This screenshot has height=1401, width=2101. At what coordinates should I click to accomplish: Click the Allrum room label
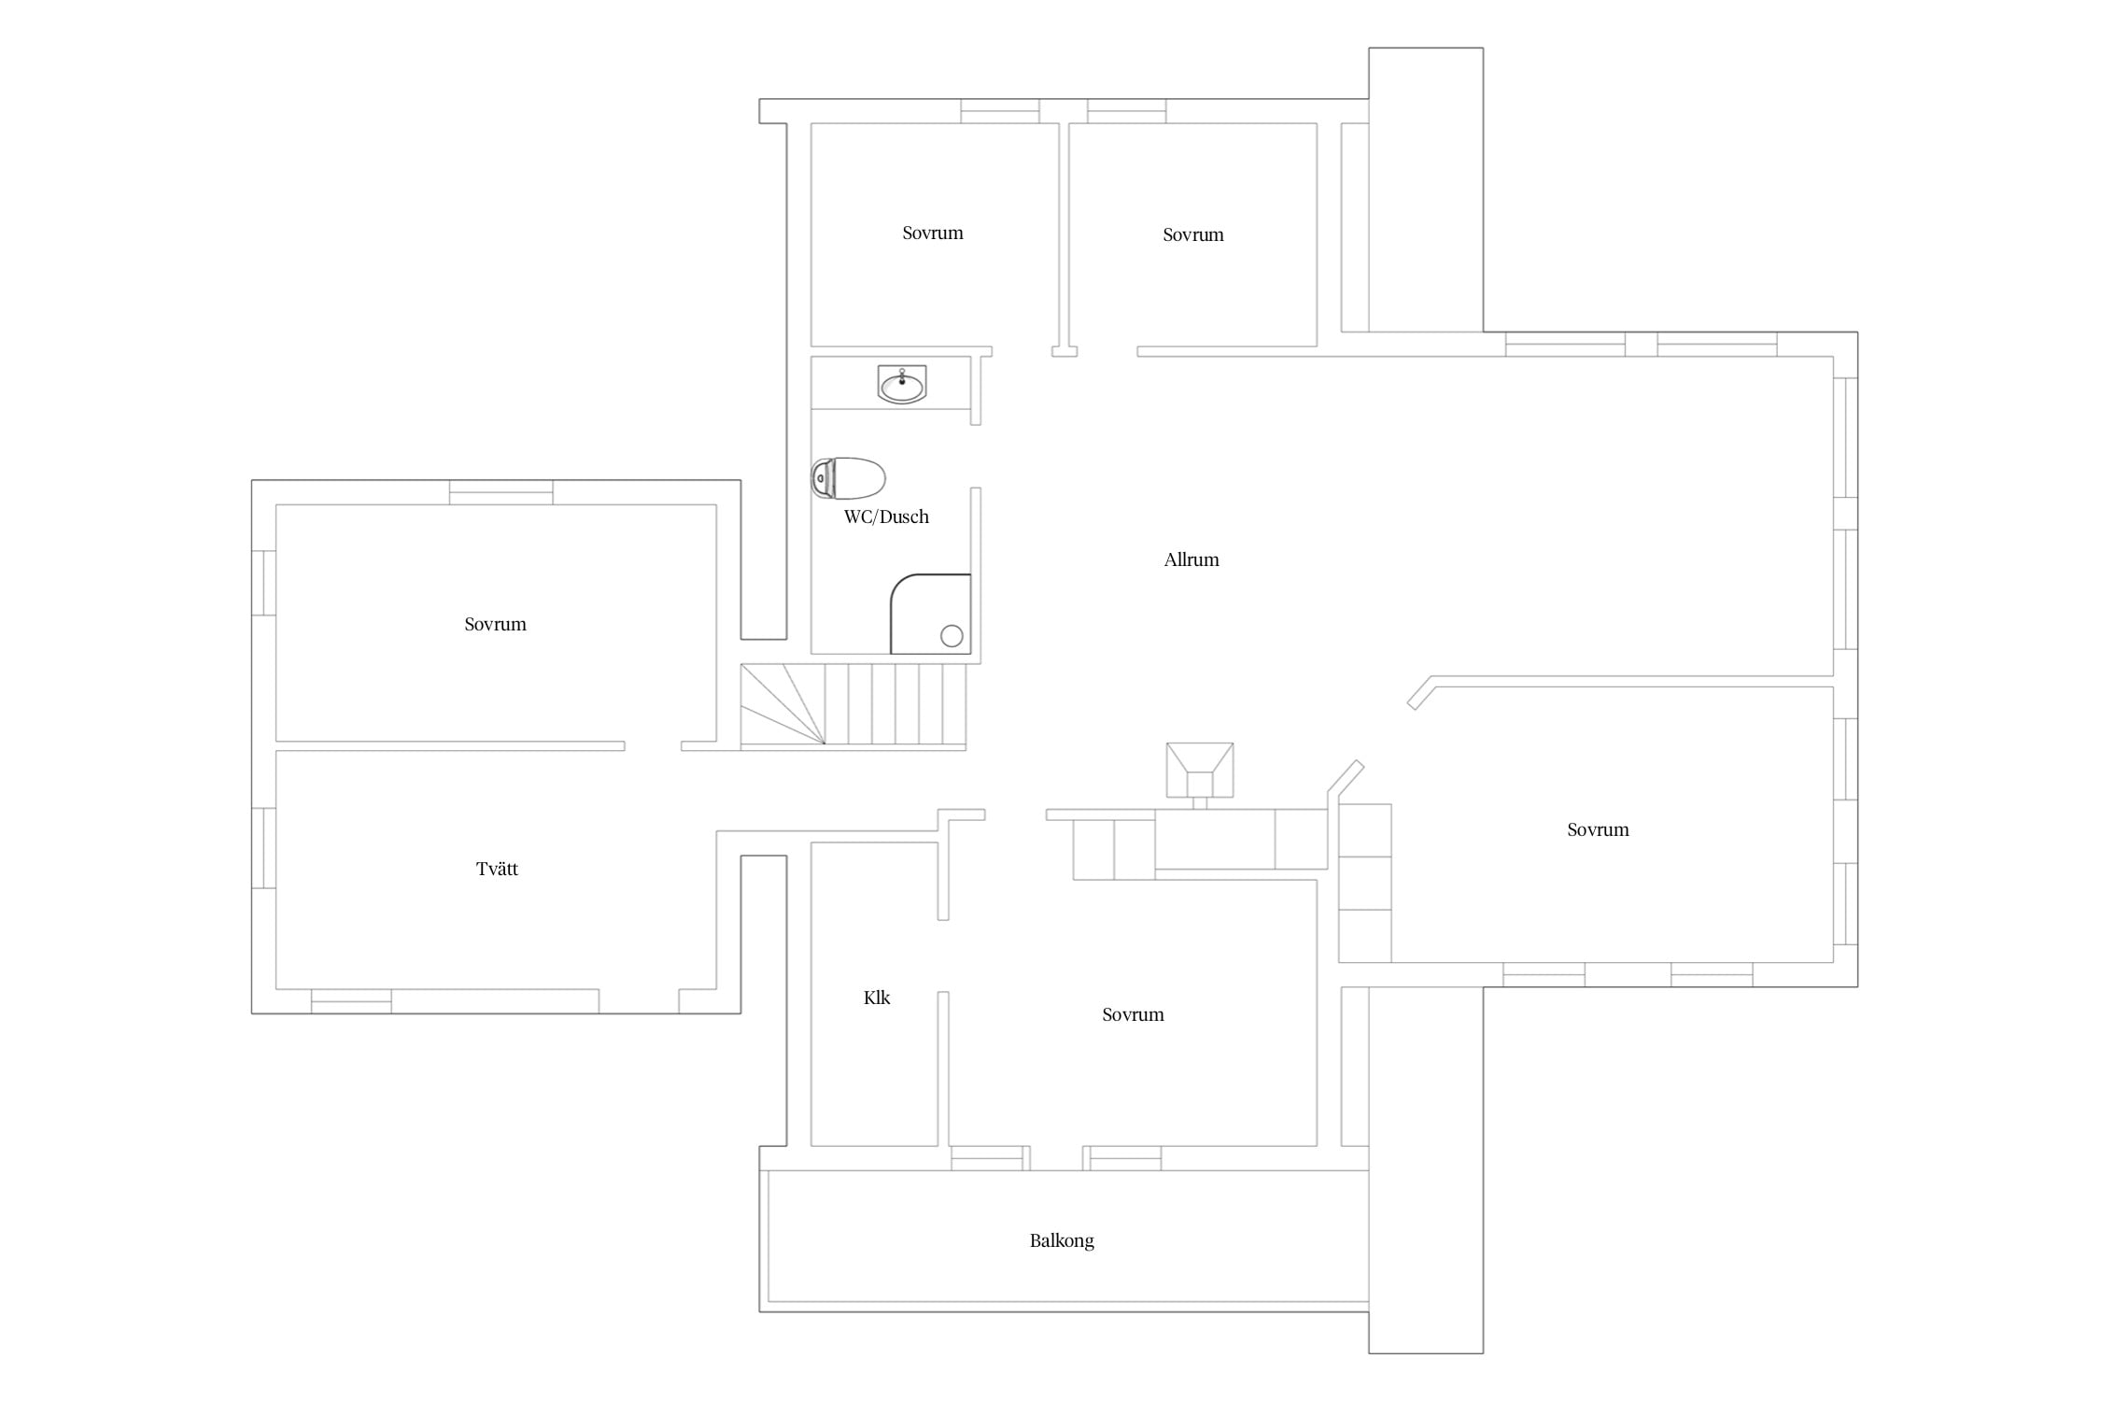pos(1192,559)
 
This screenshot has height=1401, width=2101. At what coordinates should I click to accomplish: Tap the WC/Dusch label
pos(886,517)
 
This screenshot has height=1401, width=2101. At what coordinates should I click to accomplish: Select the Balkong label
pos(1062,1241)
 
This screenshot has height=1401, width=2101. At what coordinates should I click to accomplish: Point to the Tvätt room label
pos(497,869)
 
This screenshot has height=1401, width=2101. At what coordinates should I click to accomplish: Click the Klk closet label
pos(877,998)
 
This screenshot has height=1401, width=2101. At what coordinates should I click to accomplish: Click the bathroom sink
pos(902,384)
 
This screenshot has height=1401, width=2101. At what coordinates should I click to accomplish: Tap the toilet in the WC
pos(848,478)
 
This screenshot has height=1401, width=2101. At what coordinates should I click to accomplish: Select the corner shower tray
pos(930,615)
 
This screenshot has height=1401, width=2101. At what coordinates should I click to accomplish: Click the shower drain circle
pos(952,636)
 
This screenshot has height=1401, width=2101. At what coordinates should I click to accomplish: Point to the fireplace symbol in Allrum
pos(1200,771)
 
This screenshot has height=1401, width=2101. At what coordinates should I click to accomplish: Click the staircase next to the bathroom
pos(853,704)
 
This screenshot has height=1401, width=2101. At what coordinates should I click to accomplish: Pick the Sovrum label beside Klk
pos(1133,1014)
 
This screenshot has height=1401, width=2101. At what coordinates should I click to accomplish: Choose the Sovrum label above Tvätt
pos(495,624)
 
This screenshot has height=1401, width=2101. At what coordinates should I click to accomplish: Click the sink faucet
pos(902,376)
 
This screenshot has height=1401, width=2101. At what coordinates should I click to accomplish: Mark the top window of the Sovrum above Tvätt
pos(501,492)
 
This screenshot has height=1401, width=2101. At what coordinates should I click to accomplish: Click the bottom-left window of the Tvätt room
pos(351,1001)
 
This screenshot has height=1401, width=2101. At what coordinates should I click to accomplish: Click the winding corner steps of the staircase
pos(783,704)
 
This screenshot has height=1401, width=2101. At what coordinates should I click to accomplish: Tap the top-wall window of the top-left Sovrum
pos(1000,111)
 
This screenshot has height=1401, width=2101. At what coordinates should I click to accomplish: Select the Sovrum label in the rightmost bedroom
pos(1598,829)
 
